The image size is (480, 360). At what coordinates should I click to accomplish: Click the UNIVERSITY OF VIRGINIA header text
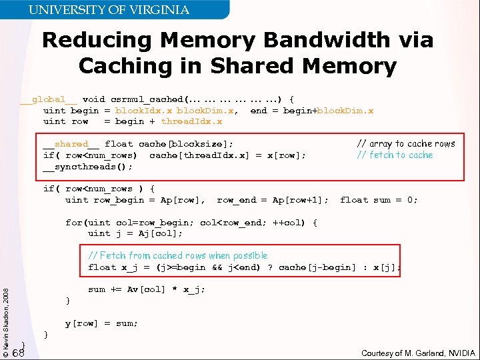coord(109,10)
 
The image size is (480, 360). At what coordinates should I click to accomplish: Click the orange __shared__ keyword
coord(71,144)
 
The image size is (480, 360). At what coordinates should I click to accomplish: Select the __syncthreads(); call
coord(88,167)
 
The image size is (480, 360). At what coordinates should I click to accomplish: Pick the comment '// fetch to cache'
coord(395,155)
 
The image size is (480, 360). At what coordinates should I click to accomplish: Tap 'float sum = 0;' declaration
coord(379,200)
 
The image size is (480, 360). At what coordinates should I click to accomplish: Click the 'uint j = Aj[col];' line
coord(135,233)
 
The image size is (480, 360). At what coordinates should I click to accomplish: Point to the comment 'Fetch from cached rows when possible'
coord(178,256)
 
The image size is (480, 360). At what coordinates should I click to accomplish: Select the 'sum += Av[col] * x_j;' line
coord(147,289)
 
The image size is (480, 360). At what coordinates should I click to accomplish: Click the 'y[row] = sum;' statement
coord(101,323)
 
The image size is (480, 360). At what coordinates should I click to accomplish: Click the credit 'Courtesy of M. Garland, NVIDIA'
coord(418,353)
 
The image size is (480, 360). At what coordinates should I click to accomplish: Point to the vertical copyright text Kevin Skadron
coord(6,313)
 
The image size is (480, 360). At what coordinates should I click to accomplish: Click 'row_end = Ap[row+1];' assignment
coord(273,200)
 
